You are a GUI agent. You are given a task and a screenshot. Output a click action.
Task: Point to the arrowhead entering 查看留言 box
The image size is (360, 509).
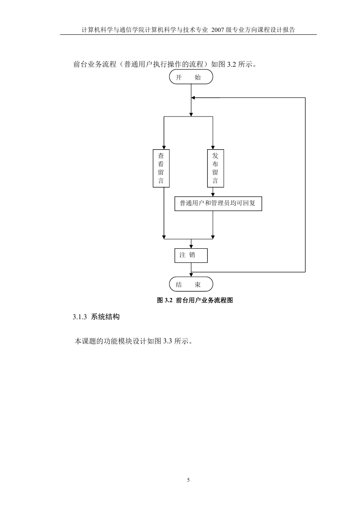[x=164, y=148]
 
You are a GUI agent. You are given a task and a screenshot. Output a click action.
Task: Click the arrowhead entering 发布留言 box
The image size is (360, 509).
[x=213, y=148]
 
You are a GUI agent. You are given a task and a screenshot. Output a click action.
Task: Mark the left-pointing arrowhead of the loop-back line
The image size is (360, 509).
[x=193, y=98]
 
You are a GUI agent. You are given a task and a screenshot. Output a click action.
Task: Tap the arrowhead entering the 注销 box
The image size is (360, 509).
[x=191, y=247]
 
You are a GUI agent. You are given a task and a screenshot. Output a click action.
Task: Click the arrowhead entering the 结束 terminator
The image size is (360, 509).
[x=191, y=275]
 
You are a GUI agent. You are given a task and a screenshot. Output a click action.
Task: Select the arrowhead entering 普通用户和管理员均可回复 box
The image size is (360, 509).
[x=213, y=195]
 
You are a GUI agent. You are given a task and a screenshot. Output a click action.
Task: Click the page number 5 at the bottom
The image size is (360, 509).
[x=188, y=480]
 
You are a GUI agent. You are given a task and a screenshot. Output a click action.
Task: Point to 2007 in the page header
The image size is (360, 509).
[x=218, y=30]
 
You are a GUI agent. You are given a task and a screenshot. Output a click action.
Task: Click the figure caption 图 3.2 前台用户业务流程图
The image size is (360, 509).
[x=195, y=300]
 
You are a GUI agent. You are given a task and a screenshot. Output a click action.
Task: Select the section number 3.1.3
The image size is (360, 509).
[x=80, y=317]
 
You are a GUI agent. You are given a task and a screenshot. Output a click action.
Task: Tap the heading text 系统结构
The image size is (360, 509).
[x=105, y=317]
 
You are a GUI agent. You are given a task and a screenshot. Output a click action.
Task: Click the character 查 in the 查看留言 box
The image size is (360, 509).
[x=161, y=156]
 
